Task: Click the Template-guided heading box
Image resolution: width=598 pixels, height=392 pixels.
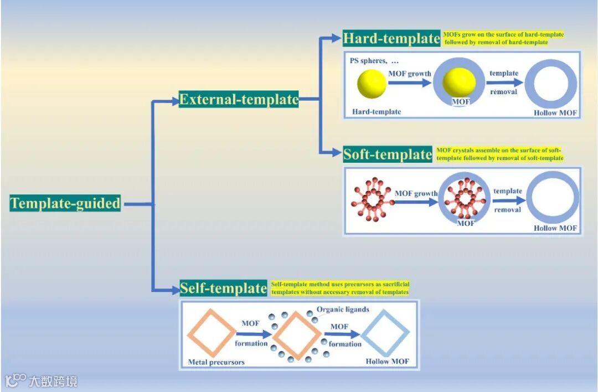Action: coord(65,203)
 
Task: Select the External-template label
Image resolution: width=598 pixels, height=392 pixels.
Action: coord(239,100)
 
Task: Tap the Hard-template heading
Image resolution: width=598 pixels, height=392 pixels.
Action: coord(391,38)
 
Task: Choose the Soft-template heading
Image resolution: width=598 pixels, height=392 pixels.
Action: coord(387,154)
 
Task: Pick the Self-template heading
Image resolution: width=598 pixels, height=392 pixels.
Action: coord(223,288)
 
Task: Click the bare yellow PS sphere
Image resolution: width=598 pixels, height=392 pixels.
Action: coord(372,84)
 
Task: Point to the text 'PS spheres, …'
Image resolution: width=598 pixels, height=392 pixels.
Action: coord(374,60)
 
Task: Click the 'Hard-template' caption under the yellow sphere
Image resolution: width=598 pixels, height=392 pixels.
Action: coord(377,112)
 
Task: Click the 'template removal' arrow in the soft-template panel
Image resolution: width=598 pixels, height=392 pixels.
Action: coord(508,201)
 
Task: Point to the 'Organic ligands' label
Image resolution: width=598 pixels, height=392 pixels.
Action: coord(343,310)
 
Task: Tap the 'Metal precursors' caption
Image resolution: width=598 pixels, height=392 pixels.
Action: coord(216,362)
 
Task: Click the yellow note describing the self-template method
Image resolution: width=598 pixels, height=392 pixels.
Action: coord(340,288)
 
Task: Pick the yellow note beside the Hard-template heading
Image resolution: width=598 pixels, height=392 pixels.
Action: coord(503,38)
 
